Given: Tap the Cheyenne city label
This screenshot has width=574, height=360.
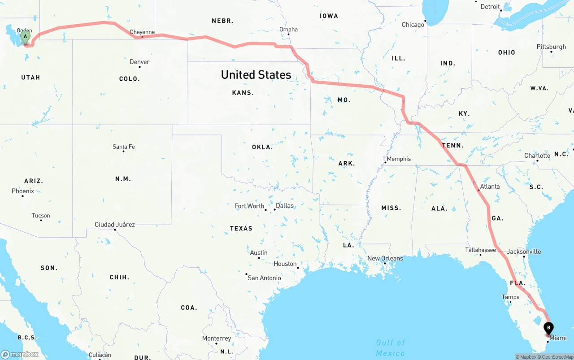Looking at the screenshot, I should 142,32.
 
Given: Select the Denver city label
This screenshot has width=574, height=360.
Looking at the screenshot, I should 139,62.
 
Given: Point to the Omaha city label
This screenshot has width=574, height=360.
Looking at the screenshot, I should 288,30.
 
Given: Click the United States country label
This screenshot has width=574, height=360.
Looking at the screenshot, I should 256,74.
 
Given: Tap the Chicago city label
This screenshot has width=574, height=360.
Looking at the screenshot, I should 413,25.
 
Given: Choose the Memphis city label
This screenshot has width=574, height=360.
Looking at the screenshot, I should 399,159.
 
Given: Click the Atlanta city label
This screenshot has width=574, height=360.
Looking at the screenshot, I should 490,187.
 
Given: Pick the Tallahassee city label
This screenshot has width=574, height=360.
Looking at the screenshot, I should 480,250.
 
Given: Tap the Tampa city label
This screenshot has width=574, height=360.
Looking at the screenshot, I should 510,297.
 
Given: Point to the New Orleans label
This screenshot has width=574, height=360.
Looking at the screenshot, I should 385,258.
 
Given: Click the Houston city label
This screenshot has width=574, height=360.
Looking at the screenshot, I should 285,264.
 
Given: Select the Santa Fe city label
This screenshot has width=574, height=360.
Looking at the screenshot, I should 124,147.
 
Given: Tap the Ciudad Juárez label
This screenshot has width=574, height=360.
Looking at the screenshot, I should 115,224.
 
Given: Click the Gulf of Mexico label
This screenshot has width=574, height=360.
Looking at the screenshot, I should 391,347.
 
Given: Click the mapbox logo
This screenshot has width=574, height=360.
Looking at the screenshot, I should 20,354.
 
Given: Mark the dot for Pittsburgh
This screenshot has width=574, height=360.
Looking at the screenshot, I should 551,52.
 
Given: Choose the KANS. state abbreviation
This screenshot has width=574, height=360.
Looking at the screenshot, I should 243,93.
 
